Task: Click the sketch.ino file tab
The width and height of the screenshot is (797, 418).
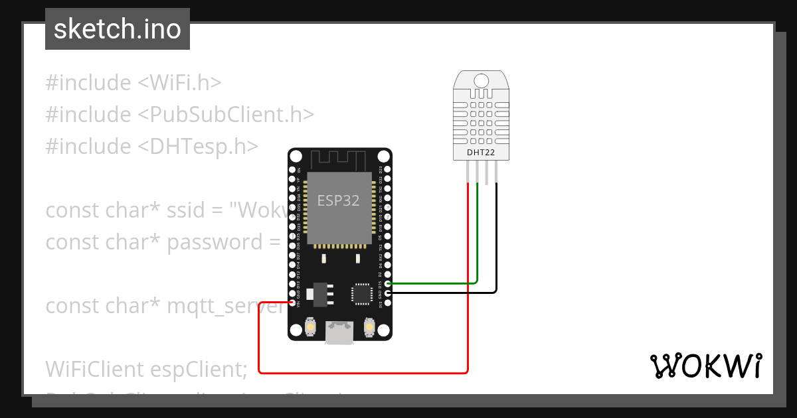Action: [x=118, y=29]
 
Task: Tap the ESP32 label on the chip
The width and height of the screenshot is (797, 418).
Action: [x=339, y=200]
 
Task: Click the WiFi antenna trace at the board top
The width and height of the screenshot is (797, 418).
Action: [x=339, y=159]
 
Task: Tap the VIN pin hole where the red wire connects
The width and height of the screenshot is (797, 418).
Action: [x=292, y=303]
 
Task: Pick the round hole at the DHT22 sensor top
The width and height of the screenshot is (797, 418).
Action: [x=482, y=81]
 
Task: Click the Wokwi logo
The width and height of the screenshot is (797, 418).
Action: [x=705, y=366]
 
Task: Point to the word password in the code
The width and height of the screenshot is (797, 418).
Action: [x=215, y=242]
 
